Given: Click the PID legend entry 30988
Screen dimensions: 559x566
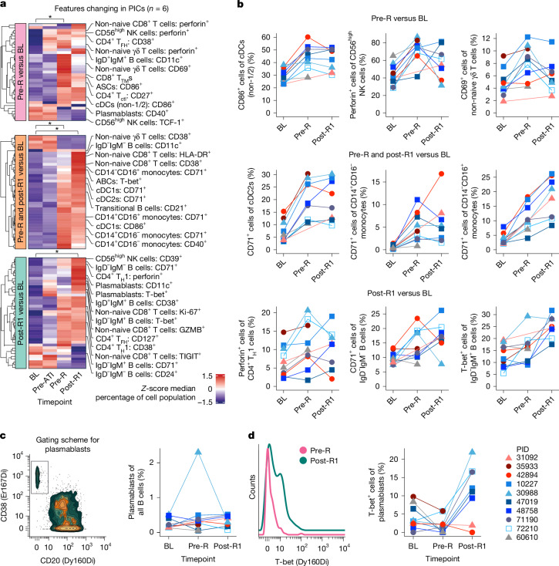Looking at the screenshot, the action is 522,493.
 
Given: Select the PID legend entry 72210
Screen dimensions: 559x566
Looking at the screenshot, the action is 522,528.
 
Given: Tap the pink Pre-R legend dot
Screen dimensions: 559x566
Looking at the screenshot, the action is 304,450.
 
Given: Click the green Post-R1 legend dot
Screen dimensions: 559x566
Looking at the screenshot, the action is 304,460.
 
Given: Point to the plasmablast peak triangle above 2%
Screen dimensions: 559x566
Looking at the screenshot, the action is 198,452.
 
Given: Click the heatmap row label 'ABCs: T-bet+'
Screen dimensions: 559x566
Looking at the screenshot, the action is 119,181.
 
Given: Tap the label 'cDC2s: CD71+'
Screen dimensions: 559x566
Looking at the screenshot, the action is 120,199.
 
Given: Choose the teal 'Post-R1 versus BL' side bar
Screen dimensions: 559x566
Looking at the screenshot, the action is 21,312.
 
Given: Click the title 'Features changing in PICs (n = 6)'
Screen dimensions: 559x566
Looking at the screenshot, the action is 111,8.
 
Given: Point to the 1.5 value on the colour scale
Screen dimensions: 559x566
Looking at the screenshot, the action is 207,376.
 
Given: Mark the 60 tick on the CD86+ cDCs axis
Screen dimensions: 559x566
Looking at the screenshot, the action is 266,37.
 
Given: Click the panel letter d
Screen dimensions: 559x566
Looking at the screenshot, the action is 252,436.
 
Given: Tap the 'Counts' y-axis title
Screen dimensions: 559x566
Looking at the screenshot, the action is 252,487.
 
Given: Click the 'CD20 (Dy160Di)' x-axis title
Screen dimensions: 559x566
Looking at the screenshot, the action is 68,561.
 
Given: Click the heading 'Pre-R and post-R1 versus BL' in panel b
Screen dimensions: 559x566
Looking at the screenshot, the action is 399,155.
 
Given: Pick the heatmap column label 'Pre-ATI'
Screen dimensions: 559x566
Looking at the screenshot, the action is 43,384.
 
